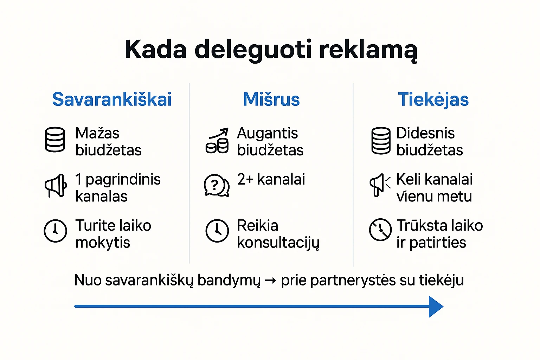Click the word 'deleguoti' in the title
click(x=253, y=50)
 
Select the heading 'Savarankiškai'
click(x=112, y=99)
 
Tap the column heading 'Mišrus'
click(x=271, y=99)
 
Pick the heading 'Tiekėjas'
click(x=433, y=99)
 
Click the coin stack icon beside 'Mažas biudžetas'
click(x=55, y=140)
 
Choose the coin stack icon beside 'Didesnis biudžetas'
click(x=381, y=141)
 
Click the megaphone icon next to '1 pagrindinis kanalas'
click(x=56, y=185)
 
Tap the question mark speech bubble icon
click(x=216, y=185)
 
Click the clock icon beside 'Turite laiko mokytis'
click(x=55, y=231)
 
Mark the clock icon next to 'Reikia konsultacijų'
click(x=217, y=231)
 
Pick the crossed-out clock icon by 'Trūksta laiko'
click(x=380, y=230)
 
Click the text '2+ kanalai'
click(x=271, y=179)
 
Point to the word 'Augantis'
click(x=267, y=133)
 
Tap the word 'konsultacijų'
click(x=278, y=243)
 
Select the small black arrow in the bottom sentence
click(x=270, y=281)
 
